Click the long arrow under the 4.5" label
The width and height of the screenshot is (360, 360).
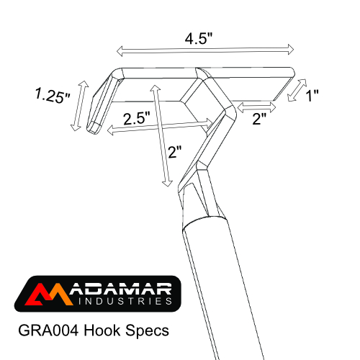point(206,50)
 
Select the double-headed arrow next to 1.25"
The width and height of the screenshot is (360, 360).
point(79,106)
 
